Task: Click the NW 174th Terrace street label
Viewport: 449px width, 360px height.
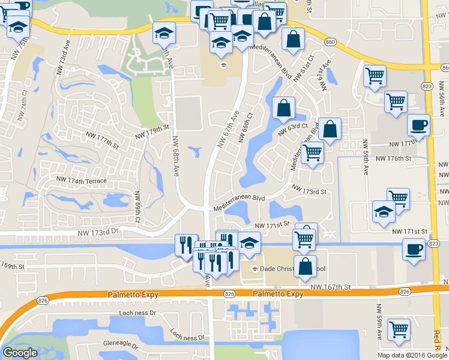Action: pos(81,180)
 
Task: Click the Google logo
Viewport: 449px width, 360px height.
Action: pos(20,353)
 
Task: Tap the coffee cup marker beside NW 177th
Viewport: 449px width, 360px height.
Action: pos(418,125)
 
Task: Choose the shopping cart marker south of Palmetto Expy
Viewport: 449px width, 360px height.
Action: pos(399,330)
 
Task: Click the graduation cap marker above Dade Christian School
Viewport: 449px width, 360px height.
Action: pos(249,243)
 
